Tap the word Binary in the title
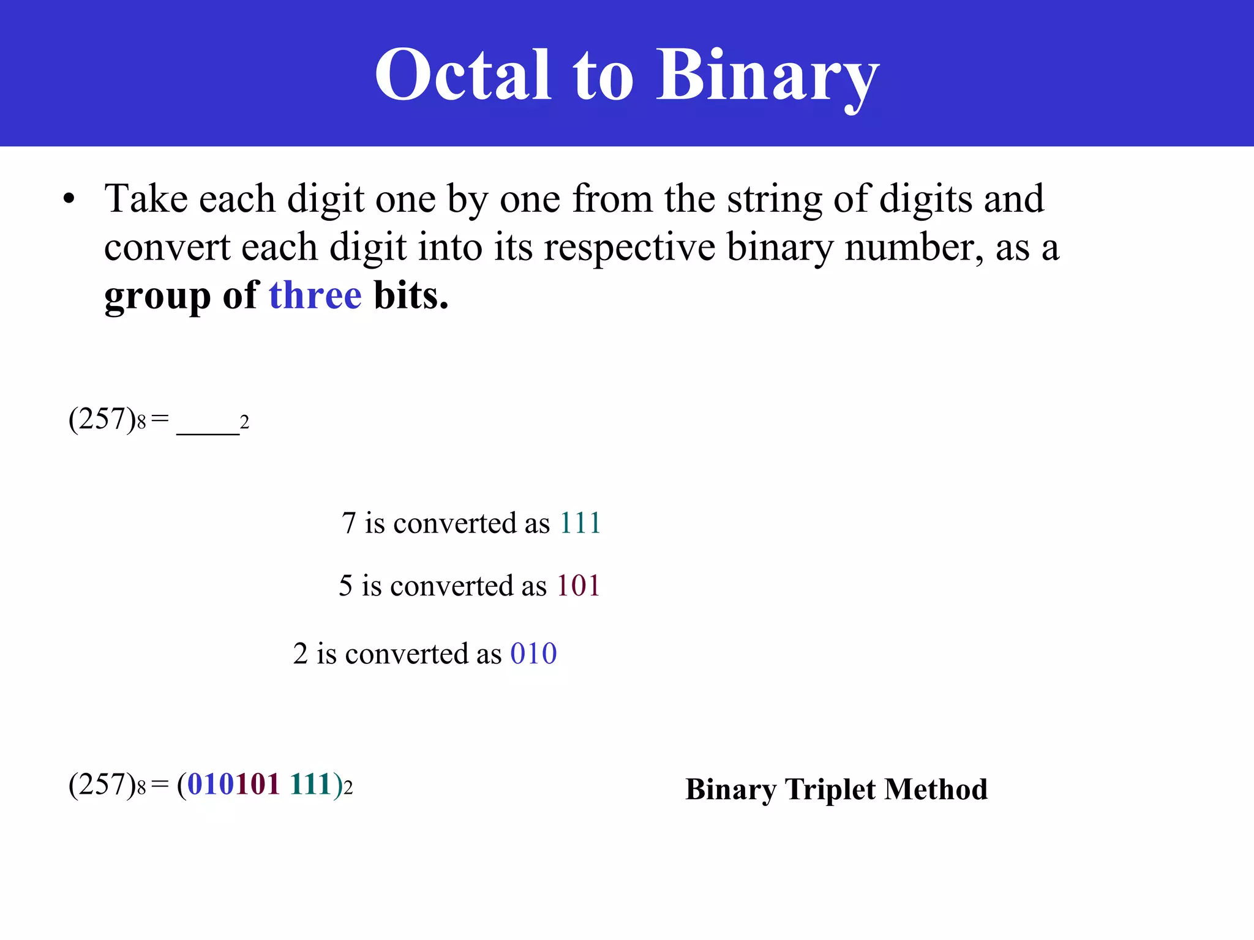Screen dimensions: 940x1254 pos(767,76)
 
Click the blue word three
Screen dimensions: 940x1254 pos(315,296)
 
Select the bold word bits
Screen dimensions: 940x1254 pos(411,296)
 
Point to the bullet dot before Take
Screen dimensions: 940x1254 pos(69,200)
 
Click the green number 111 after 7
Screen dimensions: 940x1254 pos(580,523)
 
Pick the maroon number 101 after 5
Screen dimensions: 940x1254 pos(578,586)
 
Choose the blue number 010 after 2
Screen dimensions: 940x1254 pos(533,654)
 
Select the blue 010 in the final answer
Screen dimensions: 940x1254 pos(210,785)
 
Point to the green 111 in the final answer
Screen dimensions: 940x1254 pos(311,785)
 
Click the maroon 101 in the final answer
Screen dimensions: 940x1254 pos(257,785)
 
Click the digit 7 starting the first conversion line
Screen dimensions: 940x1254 pos(348,523)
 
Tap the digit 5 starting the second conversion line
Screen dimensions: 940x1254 pos(346,586)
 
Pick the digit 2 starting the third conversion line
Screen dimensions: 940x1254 pos(300,654)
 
